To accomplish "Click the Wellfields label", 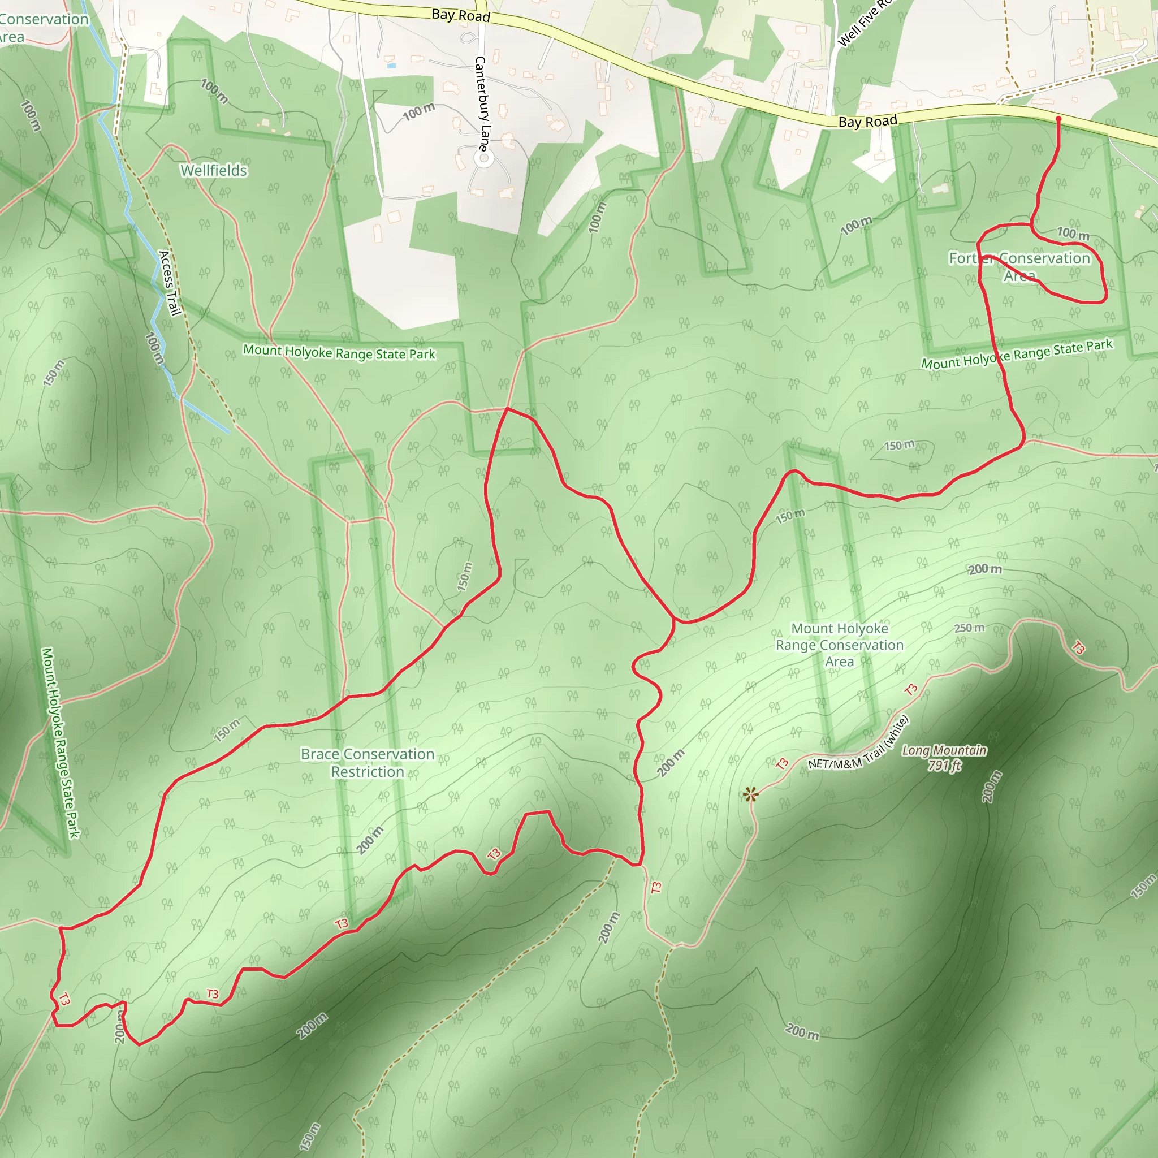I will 214,171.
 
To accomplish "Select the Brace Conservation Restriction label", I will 368,762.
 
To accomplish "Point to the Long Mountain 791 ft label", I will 944,758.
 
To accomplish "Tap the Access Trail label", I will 170,283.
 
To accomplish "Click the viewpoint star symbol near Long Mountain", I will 750,795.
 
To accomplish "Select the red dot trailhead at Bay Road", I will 1058,119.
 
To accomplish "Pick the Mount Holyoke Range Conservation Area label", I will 839,645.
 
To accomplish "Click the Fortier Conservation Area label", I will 1019,266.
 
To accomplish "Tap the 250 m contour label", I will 969,628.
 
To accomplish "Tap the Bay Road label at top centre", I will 461,15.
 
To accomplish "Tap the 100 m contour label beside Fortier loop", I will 1073,233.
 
